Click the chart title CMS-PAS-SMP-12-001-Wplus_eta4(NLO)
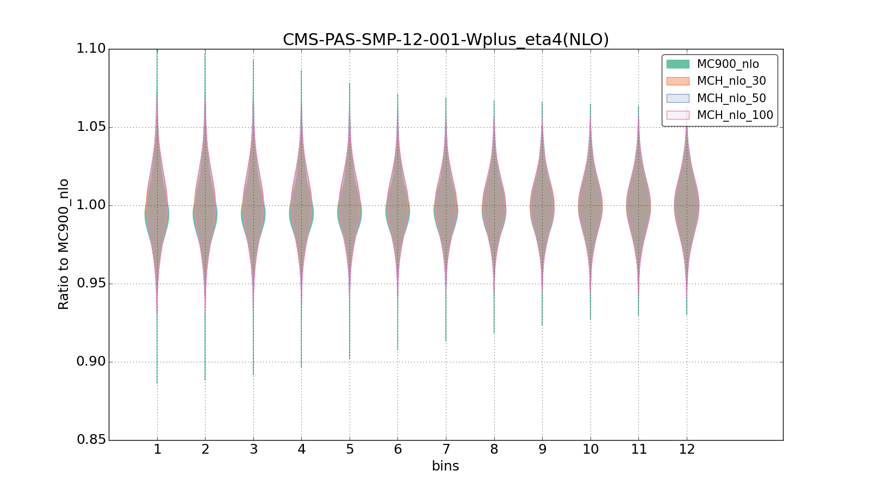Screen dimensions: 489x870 click(445, 40)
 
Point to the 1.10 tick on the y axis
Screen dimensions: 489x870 click(91, 49)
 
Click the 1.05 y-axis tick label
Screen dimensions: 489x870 click(91, 127)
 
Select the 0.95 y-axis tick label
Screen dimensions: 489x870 click(91, 284)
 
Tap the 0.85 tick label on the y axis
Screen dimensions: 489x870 click(91, 440)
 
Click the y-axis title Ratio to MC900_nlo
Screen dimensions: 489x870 click(64, 244)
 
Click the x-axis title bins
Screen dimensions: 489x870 click(445, 466)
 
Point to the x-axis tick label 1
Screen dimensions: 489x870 click(157, 449)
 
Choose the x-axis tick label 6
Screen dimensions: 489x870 click(397, 449)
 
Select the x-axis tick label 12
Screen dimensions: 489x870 click(687, 449)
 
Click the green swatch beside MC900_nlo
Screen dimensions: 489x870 click(678, 64)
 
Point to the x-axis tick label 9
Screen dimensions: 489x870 click(542, 449)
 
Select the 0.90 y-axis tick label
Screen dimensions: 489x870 click(91, 362)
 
